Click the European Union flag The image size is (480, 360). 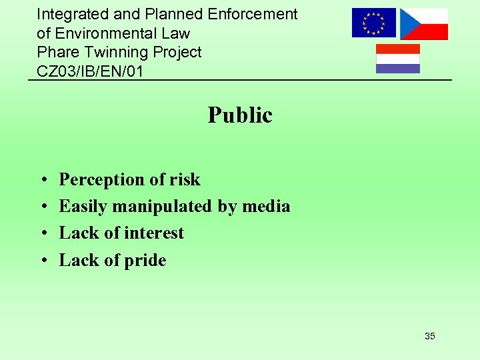point(373,23)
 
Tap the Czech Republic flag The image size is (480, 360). point(424,24)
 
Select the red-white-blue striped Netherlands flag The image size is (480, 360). point(398,58)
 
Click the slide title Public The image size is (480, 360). point(240,115)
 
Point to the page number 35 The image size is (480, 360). point(429,336)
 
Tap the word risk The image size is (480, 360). point(185,180)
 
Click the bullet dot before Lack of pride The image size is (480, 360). point(42,261)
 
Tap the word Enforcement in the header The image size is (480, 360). point(253,14)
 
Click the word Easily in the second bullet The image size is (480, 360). point(83,207)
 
